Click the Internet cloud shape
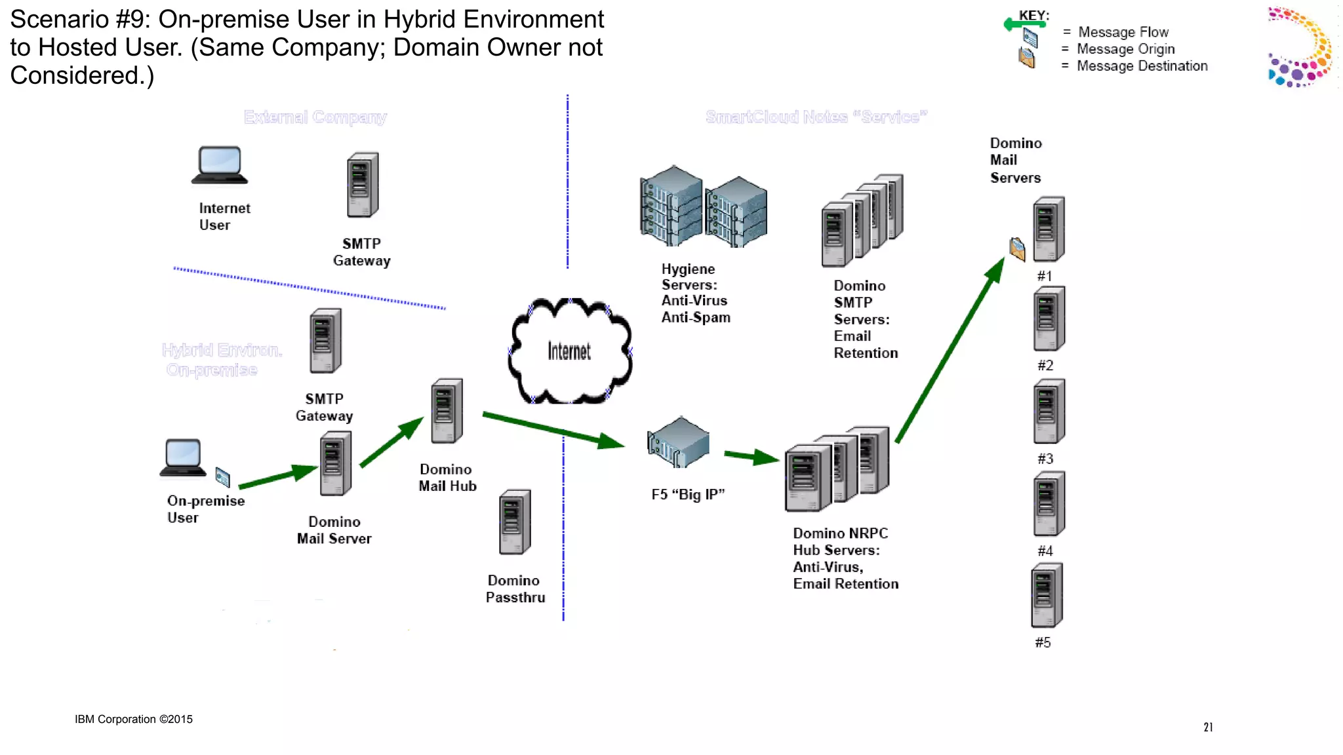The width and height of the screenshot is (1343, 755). [x=569, y=351]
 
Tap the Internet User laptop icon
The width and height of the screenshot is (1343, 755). [x=220, y=165]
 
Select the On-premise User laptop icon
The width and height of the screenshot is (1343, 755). [x=183, y=457]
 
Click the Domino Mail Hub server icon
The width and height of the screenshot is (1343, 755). [x=447, y=411]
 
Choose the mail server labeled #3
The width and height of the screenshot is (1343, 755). [x=1049, y=412]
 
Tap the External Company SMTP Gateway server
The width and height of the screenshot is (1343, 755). [x=363, y=185]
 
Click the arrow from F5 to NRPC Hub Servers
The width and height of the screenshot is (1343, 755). [x=751, y=455]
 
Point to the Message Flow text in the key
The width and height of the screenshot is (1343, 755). [x=1123, y=32]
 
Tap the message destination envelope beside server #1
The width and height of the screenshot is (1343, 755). [x=1017, y=249]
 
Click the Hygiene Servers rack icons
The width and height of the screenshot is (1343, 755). [x=703, y=207]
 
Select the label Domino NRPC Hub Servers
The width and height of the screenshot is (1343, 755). [x=845, y=558]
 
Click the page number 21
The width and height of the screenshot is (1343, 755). [x=1208, y=727]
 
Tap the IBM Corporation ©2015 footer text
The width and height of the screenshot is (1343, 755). [x=134, y=719]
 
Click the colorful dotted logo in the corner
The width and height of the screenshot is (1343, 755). [x=1300, y=47]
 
